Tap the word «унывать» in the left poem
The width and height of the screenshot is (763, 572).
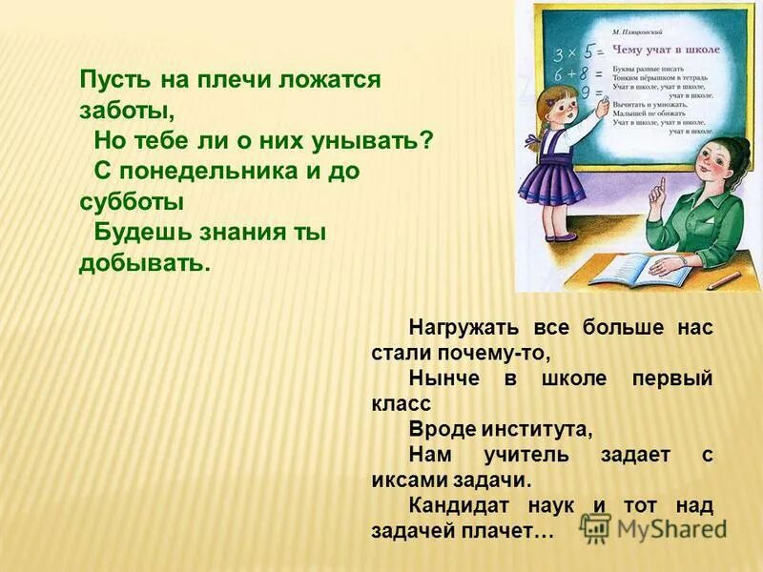coord(381,140)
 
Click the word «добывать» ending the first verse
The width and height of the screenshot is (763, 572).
coord(143,262)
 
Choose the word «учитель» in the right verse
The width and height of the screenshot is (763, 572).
coord(540,454)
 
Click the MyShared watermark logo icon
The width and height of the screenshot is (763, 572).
coord(596,528)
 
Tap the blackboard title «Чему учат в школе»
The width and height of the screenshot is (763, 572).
coord(666,48)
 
